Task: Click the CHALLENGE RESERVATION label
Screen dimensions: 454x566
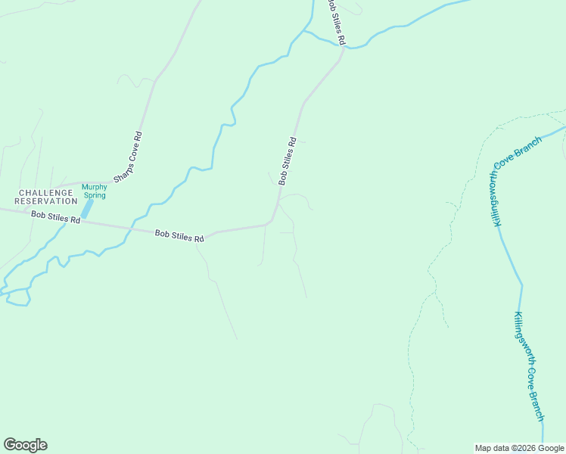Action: pyautogui.click(x=46, y=197)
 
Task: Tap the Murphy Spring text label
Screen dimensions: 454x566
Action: pyautogui.click(x=95, y=191)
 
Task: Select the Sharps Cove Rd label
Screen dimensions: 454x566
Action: pyautogui.click(x=128, y=157)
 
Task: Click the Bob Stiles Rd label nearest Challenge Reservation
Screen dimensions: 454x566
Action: pyautogui.click(x=55, y=217)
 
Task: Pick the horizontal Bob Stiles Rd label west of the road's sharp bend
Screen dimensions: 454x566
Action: pyautogui.click(x=179, y=236)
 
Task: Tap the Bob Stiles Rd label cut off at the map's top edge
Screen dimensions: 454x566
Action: pyautogui.click(x=337, y=22)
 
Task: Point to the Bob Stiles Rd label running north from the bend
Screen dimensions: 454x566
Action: pyautogui.click(x=288, y=160)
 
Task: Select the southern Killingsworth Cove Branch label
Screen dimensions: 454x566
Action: pyautogui.click(x=529, y=365)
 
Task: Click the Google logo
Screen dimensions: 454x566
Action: pyautogui.click(x=25, y=445)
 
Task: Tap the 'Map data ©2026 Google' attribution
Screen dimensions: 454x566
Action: pyautogui.click(x=519, y=448)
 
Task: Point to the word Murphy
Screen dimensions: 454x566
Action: pyautogui.click(x=95, y=187)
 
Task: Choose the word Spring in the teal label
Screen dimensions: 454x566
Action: pyautogui.click(x=95, y=195)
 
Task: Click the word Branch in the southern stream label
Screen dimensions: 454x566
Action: pyautogui.click(x=536, y=406)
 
